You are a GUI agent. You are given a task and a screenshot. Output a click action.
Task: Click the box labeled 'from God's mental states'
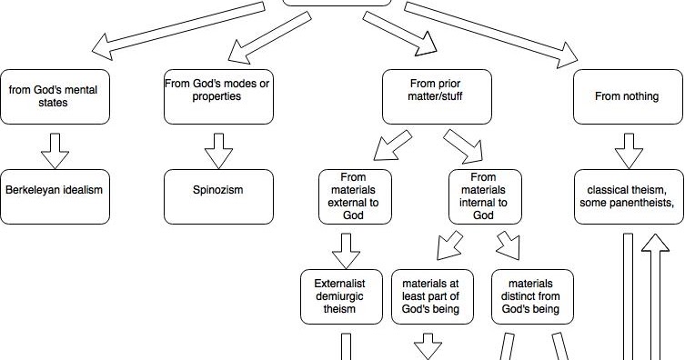coord(55,96)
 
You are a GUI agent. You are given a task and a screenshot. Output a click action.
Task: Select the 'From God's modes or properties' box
coord(218,96)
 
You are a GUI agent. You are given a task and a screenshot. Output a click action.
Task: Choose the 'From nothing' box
coord(627,96)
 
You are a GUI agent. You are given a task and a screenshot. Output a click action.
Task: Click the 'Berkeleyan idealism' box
coord(55,196)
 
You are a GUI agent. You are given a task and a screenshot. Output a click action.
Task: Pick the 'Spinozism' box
coord(218,196)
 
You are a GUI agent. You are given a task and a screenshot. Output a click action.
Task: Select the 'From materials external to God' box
coord(354,196)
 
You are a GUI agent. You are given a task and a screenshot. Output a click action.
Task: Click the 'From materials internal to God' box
coord(485,196)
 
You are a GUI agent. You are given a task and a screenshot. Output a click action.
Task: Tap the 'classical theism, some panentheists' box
coord(627,196)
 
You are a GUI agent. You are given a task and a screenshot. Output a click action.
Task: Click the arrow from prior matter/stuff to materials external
coord(384,148)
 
